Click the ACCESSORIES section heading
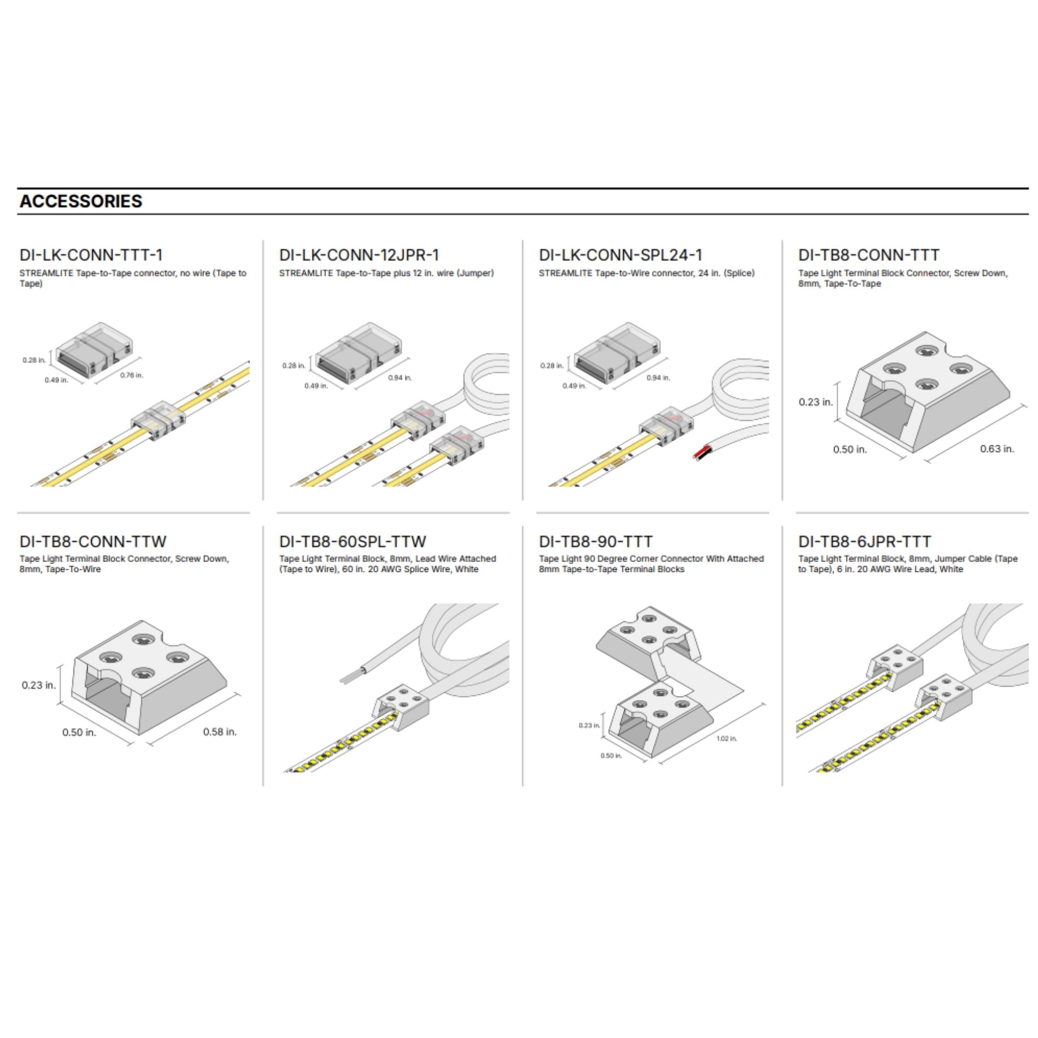pyautogui.click(x=81, y=201)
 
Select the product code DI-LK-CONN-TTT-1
pyautogui.click(x=91, y=255)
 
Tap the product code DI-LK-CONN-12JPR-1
pyautogui.click(x=360, y=255)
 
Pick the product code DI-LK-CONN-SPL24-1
pyautogui.click(x=621, y=255)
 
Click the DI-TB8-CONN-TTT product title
pyautogui.click(x=869, y=255)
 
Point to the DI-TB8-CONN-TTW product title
pyautogui.click(x=93, y=541)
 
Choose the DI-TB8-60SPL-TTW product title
pyautogui.click(x=352, y=541)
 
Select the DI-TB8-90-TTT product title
pyautogui.click(x=596, y=541)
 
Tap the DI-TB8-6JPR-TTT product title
pyautogui.click(x=865, y=541)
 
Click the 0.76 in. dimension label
pyautogui.click(x=132, y=375)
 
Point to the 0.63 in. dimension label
pyautogui.click(x=997, y=448)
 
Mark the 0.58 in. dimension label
pyautogui.click(x=220, y=732)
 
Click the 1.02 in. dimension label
pyautogui.click(x=727, y=739)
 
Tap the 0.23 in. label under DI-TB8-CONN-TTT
pyautogui.click(x=815, y=402)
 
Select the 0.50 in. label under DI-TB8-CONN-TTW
pyautogui.click(x=79, y=732)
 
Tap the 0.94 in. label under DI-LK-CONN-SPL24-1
pyautogui.click(x=658, y=378)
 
